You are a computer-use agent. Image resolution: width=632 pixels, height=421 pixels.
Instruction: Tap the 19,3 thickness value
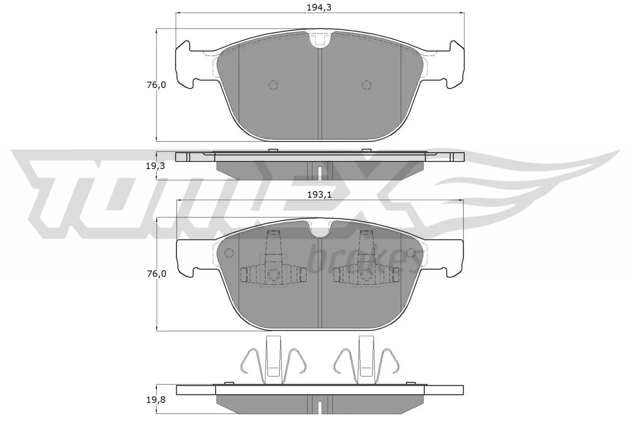click(x=155, y=166)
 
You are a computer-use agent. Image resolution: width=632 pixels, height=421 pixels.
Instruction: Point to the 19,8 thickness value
click(x=155, y=400)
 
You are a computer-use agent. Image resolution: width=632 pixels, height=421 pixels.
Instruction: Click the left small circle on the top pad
click(x=273, y=85)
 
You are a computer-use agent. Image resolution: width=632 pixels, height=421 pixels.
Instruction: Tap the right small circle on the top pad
click(x=367, y=85)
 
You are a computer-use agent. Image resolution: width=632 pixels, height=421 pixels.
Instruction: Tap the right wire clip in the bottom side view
click(x=366, y=359)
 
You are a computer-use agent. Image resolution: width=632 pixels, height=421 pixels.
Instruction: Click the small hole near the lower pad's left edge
click(x=229, y=253)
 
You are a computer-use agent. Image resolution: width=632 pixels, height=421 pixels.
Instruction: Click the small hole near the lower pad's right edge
click(x=411, y=253)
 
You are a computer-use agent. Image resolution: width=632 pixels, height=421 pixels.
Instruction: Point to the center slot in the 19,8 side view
click(x=320, y=406)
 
